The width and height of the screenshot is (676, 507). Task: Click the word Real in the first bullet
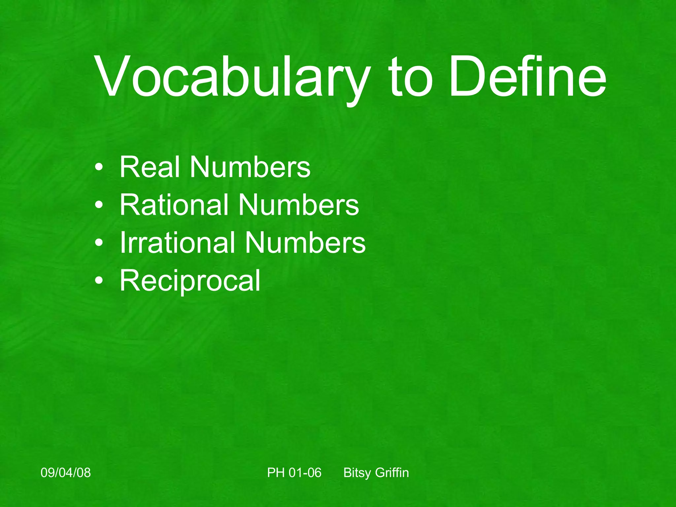pos(150,167)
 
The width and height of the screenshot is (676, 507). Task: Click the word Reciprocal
pos(190,281)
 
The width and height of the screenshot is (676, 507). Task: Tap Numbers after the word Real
pos(250,167)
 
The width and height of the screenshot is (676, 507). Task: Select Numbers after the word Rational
pos(298,205)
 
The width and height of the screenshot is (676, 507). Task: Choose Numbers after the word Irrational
pos(305,243)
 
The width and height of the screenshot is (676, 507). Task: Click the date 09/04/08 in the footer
pos(66,473)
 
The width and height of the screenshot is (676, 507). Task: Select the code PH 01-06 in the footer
pos(294,473)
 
